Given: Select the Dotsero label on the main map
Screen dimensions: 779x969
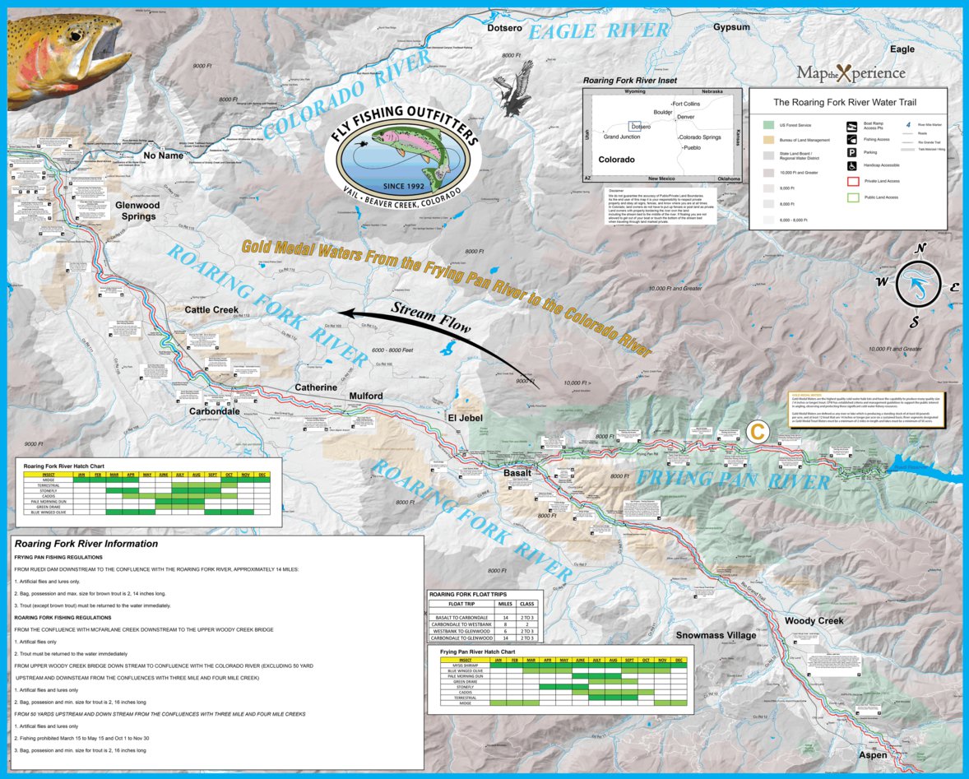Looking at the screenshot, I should click(504, 28).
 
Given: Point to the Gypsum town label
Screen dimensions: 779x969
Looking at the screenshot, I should click(731, 26).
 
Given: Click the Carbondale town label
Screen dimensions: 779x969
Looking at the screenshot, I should click(214, 411).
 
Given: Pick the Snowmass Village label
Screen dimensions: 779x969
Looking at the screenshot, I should click(716, 635).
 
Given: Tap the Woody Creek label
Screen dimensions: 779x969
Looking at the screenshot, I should click(814, 620).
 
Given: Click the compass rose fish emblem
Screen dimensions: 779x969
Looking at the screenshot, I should click(920, 285).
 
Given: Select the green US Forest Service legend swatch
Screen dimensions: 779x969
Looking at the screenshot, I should click(767, 125).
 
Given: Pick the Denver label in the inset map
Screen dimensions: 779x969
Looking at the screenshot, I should click(686, 117).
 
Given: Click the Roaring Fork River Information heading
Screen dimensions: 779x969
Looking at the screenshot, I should click(86, 544).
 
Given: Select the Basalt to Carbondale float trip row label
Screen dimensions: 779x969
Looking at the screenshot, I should click(461, 617).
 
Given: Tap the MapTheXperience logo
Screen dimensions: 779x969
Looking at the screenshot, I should click(851, 73).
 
